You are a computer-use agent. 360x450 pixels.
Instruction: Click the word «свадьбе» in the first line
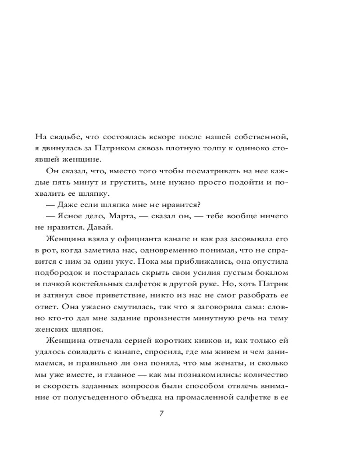[66, 135]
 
